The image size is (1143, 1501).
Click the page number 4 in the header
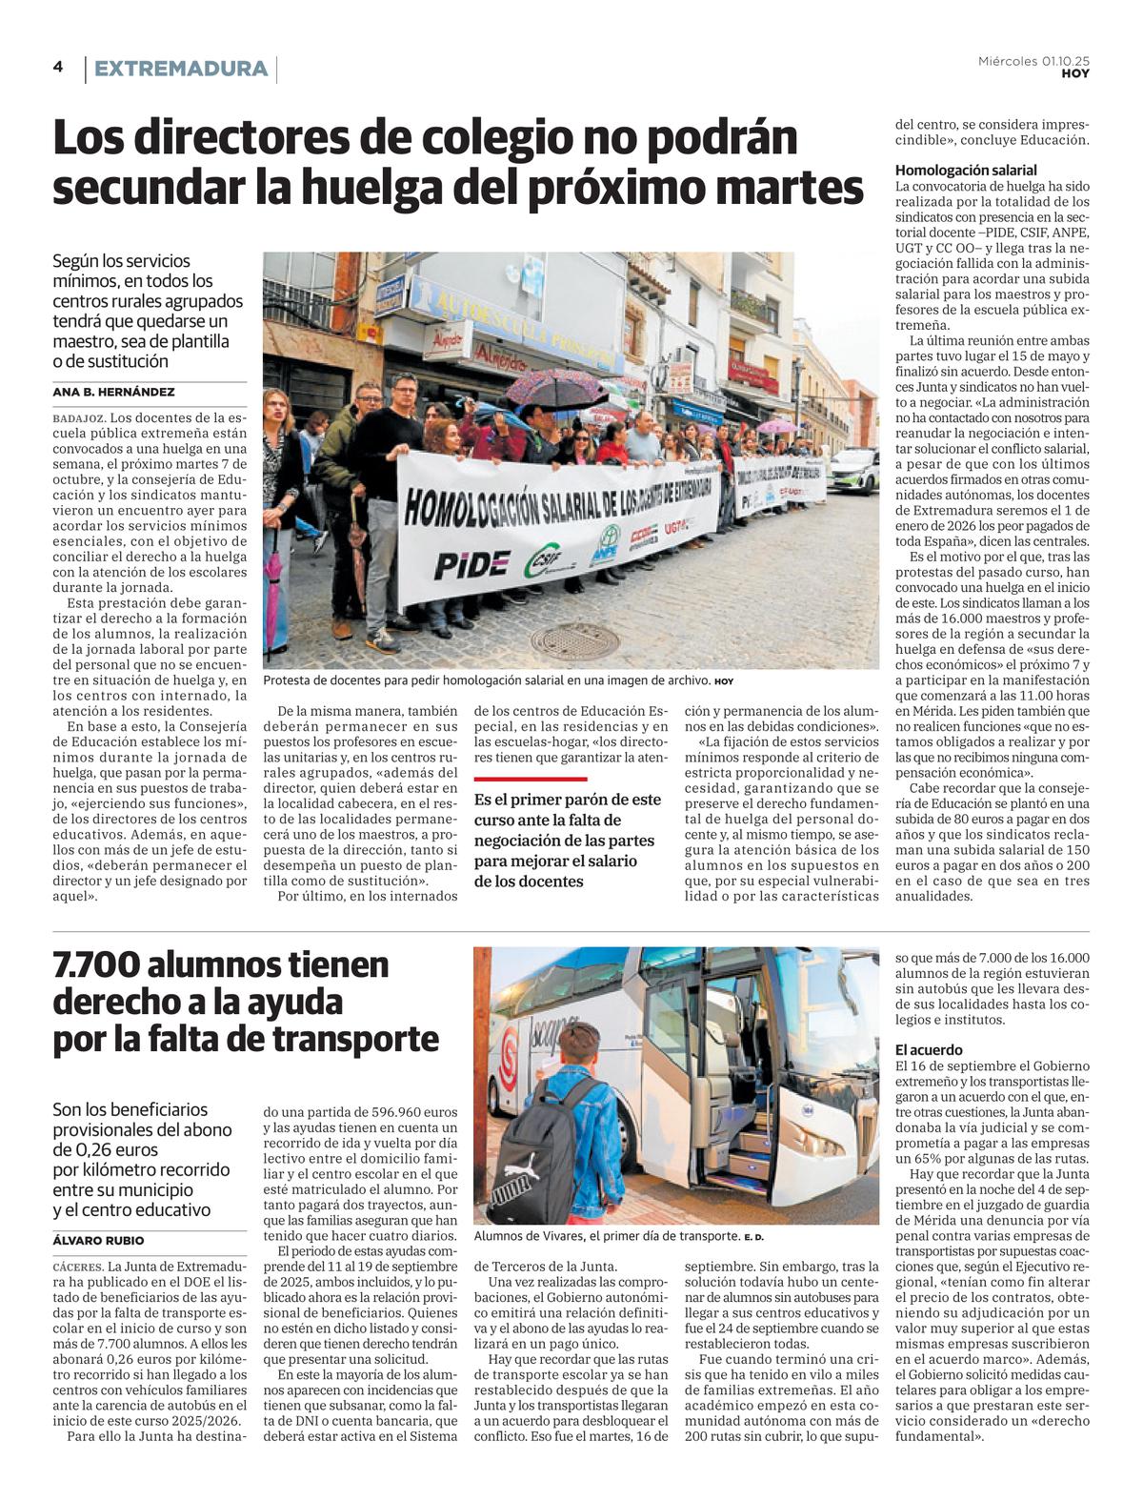[58, 67]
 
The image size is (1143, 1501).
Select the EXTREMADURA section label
[180, 69]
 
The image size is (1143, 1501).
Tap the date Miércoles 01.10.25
[1033, 61]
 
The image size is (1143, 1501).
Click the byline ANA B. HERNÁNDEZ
[113, 392]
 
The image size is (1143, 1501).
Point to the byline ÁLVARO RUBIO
[99, 1241]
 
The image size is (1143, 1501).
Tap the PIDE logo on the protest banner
[471, 564]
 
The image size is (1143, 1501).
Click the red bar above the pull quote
[531, 779]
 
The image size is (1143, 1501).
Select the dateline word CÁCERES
[78, 1267]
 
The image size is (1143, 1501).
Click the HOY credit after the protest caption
[724, 681]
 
